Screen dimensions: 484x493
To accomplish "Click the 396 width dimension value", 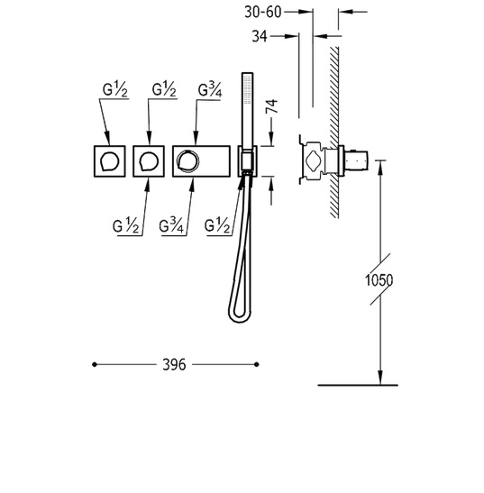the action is (x=174, y=365).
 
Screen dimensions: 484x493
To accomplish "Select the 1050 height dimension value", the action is (x=379, y=280).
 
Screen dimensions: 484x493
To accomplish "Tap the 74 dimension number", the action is (x=271, y=106).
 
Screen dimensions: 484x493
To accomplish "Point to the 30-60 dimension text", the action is (x=263, y=13).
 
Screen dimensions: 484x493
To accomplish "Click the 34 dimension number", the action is (x=260, y=36).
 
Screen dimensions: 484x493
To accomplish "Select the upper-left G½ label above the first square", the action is (x=115, y=89).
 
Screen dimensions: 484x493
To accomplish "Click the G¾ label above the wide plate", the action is (x=210, y=90).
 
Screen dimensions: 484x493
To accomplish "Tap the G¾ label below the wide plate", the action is (x=171, y=225).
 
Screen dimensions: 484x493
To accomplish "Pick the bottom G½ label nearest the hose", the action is (x=217, y=225).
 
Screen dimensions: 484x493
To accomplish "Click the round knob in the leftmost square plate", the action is (x=109, y=161).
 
